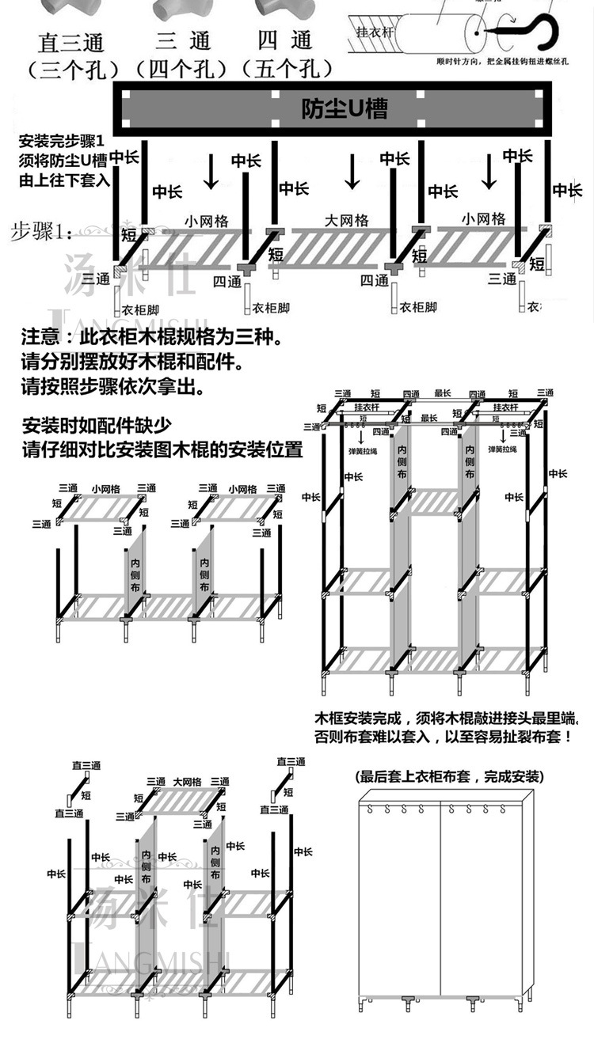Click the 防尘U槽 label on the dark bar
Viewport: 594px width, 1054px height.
tap(345, 108)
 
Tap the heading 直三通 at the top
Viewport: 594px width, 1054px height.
tap(71, 41)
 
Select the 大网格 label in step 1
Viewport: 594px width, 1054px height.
tap(347, 220)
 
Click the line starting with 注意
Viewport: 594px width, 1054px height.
tap(150, 338)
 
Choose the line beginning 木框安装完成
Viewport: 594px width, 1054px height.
tap(447, 718)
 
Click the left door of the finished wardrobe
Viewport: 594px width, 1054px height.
tap(400, 894)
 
